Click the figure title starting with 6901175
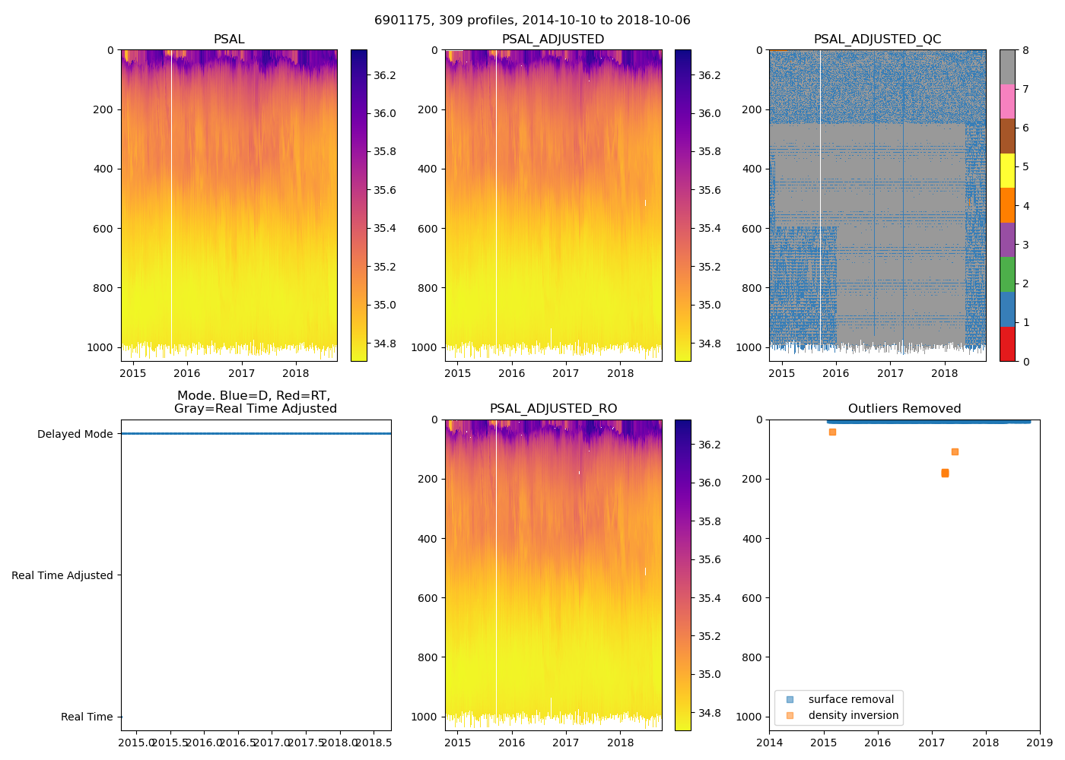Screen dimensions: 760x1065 (532, 21)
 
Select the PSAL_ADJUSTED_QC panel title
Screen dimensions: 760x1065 (877, 40)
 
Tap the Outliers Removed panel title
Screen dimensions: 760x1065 (904, 409)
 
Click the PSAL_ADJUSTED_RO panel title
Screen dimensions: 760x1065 (553, 409)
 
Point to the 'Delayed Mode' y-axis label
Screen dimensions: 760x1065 (75, 434)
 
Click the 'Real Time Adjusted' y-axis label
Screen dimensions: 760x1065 (62, 575)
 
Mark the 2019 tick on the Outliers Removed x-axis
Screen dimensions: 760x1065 (1040, 742)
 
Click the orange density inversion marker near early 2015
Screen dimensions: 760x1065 (832, 432)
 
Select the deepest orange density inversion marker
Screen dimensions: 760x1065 (945, 473)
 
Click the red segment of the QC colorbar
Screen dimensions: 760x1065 (1007, 344)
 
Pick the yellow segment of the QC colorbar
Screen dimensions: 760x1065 (1007, 171)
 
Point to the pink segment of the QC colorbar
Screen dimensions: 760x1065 (1007, 101)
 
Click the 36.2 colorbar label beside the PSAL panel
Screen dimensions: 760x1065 (384, 75)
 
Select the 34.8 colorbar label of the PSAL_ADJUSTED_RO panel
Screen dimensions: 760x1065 (710, 713)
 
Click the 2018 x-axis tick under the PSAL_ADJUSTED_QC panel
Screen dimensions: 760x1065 (945, 373)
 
